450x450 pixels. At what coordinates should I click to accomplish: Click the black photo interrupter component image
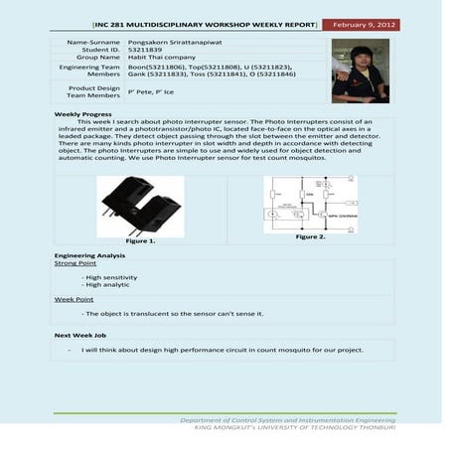(140, 205)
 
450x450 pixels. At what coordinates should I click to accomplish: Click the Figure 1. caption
(140, 241)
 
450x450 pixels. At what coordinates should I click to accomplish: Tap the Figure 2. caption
(310, 236)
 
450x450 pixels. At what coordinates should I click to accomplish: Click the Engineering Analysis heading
(88, 256)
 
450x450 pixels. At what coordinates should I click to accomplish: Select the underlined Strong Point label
(75, 263)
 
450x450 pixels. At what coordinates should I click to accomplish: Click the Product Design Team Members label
(92, 90)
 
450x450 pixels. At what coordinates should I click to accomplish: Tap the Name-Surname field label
(92, 43)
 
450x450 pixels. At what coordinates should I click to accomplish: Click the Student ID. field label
(100, 51)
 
